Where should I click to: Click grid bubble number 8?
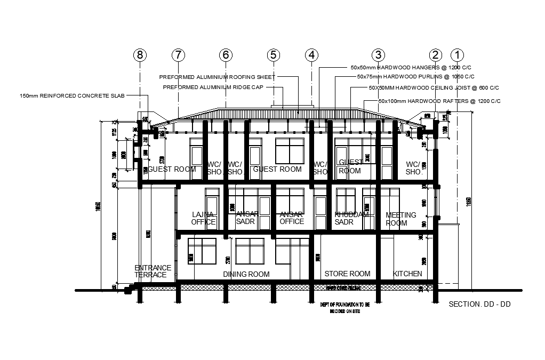coord(140,55)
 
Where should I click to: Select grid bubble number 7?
coord(178,55)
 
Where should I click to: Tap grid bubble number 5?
coord(273,55)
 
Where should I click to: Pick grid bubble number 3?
coord(378,55)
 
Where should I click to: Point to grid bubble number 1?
coord(457,55)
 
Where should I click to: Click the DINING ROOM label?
coord(246,274)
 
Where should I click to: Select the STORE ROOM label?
coord(347,274)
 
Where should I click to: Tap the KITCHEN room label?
coord(407,274)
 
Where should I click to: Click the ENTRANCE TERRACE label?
coord(153,271)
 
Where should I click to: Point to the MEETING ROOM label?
coord(400,219)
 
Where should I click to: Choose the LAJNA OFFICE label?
coord(203,218)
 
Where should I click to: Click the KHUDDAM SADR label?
coord(351,218)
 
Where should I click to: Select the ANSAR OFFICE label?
coord(292,218)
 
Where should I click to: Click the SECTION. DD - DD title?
coord(480,304)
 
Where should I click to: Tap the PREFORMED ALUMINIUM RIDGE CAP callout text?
coord(213,87)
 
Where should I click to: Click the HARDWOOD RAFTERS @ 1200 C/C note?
coord(439,101)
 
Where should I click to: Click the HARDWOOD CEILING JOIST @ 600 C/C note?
coord(434,87)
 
